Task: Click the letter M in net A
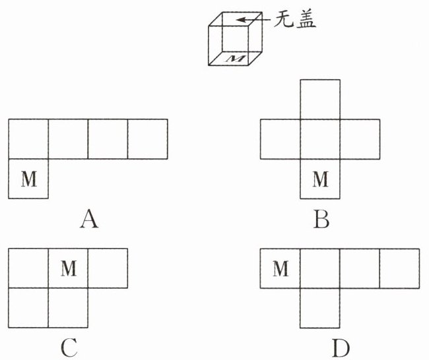pos(28,179)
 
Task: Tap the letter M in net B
pos(320,179)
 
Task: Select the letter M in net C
pos(68,268)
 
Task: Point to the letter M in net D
pos(280,268)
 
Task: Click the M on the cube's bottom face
pos(235,59)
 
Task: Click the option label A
pos(88,218)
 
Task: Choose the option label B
pos(321,218)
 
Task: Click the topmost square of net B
pos(320,99)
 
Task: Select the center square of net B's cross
pos(320,138)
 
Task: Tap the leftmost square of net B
pos(280,138)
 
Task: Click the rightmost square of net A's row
pos(147,138)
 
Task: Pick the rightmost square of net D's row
pos(399,268)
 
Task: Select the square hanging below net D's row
pos(320,308)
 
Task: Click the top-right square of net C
pos(108,268)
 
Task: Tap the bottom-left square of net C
pos(28,308)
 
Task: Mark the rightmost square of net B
pos(360,138)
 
